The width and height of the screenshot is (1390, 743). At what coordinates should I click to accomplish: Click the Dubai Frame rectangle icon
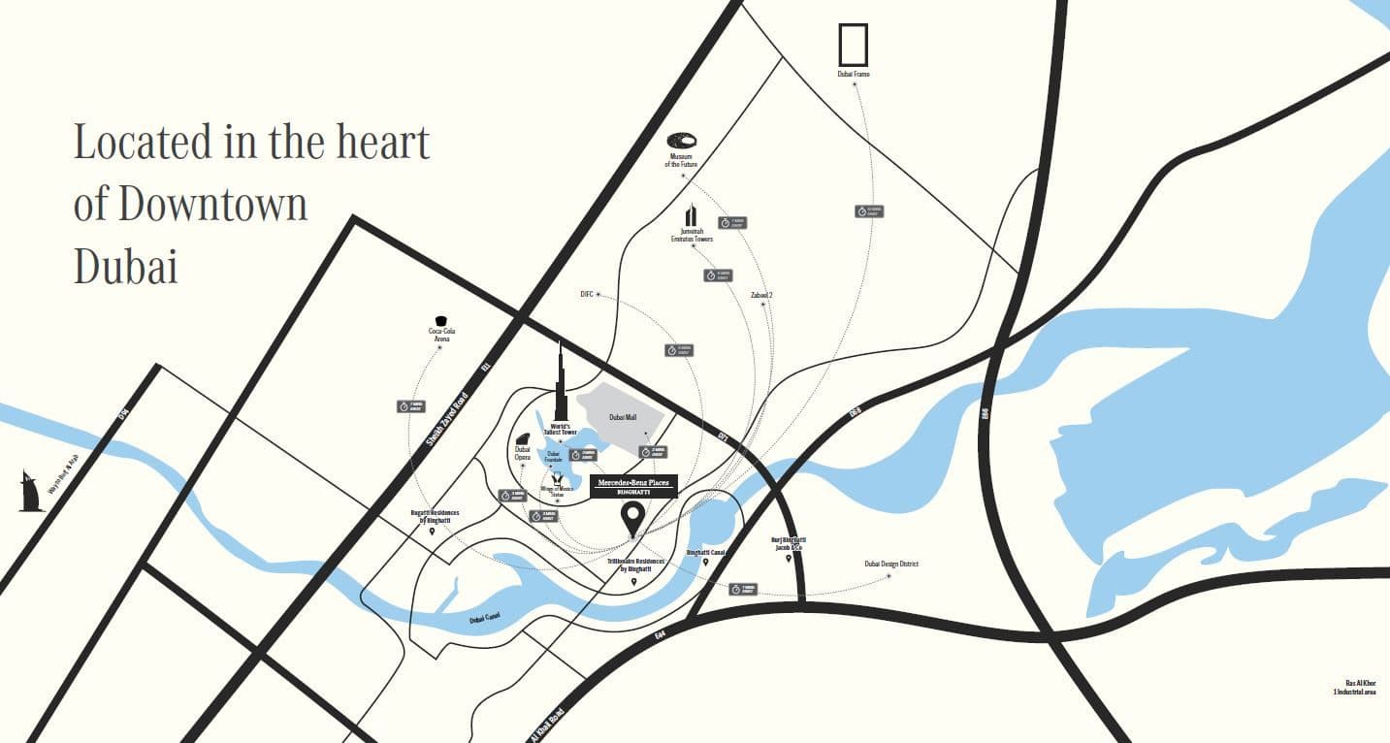853,46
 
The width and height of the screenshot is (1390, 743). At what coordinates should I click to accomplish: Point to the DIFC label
586,293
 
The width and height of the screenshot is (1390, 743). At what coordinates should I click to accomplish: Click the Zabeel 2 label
761,295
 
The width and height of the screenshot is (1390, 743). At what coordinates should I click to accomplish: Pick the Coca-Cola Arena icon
442,320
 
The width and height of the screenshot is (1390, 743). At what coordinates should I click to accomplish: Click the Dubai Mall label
623,417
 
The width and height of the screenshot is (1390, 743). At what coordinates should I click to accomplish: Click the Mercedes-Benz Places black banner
633,486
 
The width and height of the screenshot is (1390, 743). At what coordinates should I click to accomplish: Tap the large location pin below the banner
632,518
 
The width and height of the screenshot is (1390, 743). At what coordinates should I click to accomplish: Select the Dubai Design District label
891,564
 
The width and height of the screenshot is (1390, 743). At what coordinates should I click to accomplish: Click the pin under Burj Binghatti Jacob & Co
789,559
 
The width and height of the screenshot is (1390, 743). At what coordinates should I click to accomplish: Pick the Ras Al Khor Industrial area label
1354,687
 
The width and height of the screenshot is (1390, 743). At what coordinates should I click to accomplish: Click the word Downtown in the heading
213,205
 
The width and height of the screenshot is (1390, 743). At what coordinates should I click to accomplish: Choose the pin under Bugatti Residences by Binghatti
433,532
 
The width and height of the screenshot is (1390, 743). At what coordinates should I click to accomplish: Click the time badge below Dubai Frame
868,210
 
